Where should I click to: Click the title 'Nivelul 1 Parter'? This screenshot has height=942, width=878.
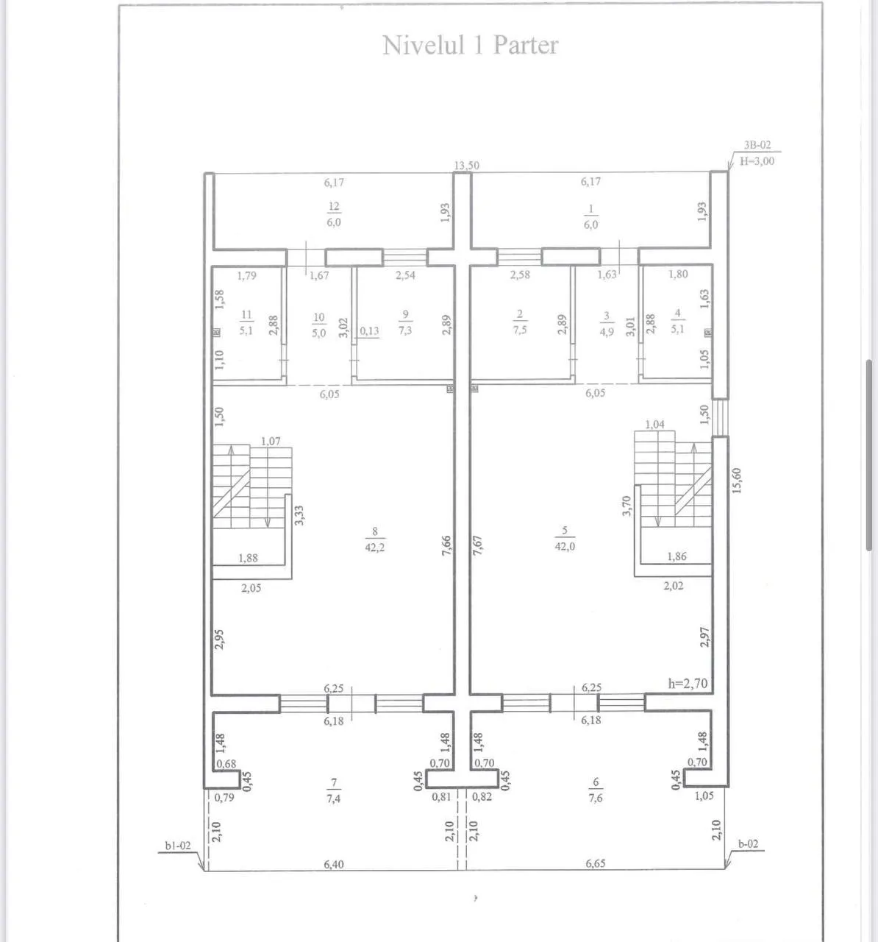pos(471,46)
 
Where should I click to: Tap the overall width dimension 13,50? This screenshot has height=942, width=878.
pos(466,166)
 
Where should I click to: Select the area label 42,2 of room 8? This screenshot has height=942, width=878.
pos(374,547)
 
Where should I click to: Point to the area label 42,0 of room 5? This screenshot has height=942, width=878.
pos(564,546)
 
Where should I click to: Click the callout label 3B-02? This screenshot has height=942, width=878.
pos(757,145)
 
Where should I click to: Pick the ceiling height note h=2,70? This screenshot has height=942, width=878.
pos(688,684)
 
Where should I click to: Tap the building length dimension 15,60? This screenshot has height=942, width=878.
pos(736,481)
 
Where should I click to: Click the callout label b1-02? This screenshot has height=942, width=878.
pos(178,846)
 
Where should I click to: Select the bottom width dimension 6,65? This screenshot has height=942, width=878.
pos(596,863)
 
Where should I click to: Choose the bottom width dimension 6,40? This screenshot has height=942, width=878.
pos(334,864)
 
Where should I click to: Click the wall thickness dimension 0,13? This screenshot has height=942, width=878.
pos(369,330)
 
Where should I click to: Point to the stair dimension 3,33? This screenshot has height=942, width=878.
pos(299,515)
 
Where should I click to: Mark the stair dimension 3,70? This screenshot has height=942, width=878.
pos(627,506)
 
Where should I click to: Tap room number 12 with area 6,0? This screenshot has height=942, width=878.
pos(334,214)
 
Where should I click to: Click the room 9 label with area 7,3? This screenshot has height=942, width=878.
pos(405,322)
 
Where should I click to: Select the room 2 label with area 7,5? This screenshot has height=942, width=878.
pos(520,322)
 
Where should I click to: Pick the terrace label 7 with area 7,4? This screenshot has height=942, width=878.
pos(334,790)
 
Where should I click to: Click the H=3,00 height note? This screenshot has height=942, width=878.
pos(757,161)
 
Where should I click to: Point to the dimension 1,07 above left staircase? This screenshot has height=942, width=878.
pos(271,441)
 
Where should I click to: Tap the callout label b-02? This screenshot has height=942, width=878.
pos(748,844)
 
